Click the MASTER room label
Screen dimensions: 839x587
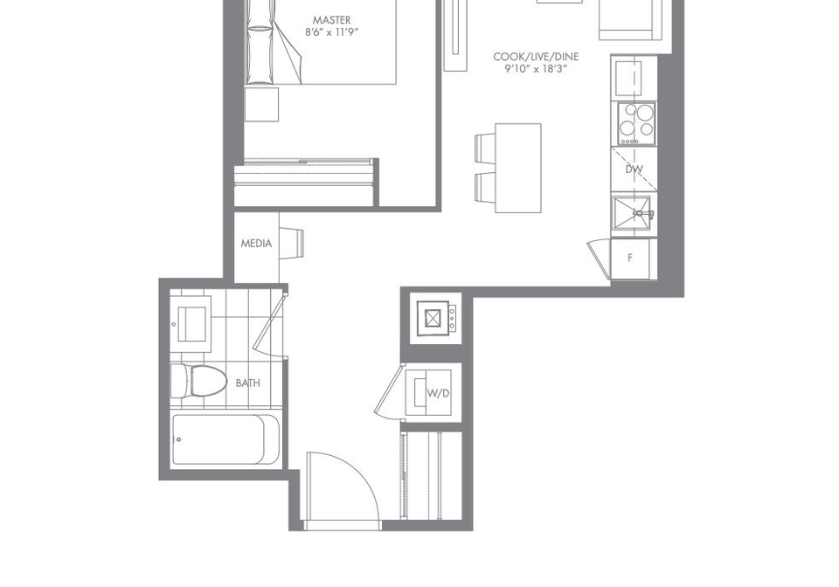332,20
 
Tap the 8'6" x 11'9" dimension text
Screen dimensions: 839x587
332,32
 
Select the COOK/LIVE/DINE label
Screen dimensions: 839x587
536,57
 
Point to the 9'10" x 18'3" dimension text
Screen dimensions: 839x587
536,69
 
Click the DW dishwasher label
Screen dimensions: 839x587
634,169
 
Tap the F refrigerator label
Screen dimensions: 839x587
630,259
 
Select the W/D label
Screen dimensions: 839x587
438,393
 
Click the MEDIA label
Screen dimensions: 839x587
256,244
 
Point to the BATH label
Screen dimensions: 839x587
247,383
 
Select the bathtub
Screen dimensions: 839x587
225,439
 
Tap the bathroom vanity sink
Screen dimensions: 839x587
191,323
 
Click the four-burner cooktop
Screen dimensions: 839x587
637,123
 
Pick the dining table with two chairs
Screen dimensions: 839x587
509,168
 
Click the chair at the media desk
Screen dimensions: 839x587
291,243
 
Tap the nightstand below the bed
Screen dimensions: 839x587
261,104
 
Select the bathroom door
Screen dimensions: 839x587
269,323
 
